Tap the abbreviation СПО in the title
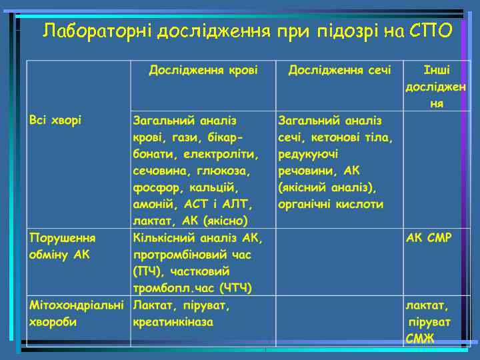[429, 31]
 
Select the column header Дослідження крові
[203, 70]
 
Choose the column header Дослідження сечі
[339, 70]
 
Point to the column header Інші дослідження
[436, 87]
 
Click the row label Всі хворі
[55, 120]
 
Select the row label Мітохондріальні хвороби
[76, 313]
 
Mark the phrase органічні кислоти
[331, 204]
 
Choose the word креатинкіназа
[173, 322]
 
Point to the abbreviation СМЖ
[420, 339]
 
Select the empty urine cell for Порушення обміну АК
[339, 262]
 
